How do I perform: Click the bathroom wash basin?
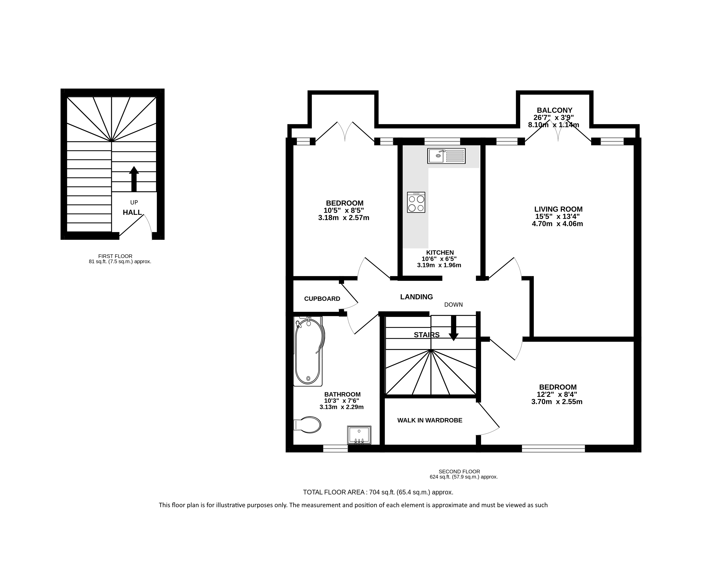point(359,435)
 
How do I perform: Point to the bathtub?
point(308,351)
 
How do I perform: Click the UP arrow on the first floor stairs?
point(134,179)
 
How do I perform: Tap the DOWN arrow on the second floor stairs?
point(454,328)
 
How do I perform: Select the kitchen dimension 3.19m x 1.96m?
point(439,265)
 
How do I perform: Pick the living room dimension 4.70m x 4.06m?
point(557,224)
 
